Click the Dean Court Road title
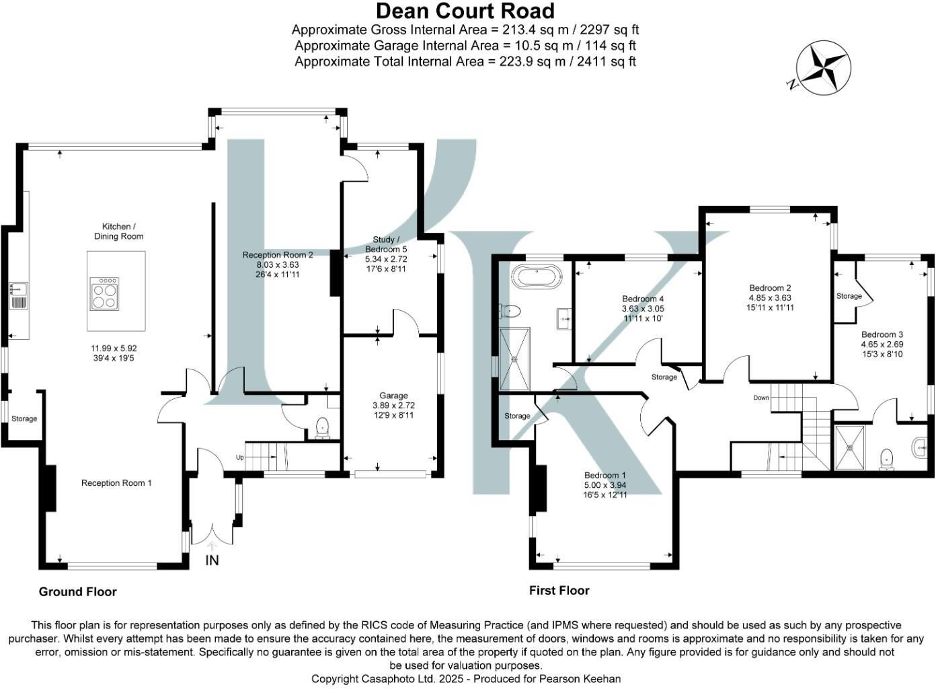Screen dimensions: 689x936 465,11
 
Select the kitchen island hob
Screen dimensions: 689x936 105,292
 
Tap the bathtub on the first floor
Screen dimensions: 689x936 536,277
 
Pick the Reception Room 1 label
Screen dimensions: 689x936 116,483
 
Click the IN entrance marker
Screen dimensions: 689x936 212,560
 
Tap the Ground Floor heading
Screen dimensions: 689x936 77,592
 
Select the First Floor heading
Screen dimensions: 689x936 559,591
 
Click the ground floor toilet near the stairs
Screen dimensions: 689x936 322,427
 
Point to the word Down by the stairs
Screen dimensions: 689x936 760,398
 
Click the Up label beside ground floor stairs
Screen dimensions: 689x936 239,458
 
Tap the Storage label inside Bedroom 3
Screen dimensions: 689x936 849,296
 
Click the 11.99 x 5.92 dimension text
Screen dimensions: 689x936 118,349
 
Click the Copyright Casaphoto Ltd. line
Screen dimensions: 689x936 465,679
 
